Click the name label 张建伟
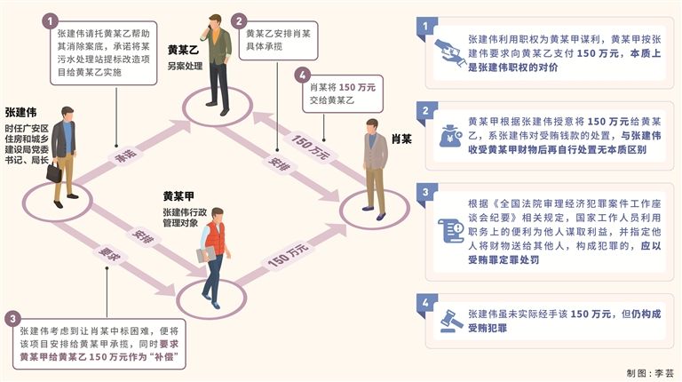coord(20,113)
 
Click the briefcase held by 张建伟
coord(56,173)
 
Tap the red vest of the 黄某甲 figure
coord(215,239)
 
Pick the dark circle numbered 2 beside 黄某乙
coord(239,19)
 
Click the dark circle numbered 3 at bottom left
coord(12,317)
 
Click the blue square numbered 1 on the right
coord(430,28)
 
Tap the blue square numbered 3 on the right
coord(430,191)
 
